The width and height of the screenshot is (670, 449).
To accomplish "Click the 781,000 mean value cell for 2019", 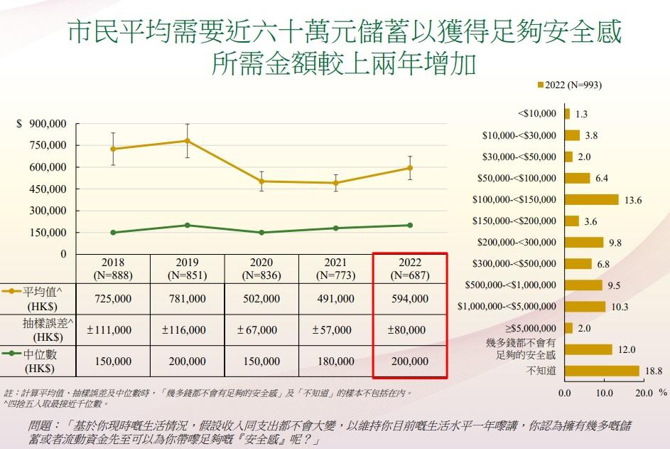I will tap(188, 300).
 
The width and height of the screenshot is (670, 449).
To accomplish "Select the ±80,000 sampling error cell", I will tap(409, 330).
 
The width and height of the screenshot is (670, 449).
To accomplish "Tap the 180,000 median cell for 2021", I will tap(335, 361).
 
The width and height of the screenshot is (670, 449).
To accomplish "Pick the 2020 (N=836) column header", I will tap(261, 269).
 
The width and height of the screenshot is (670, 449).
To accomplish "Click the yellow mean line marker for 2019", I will tap(188, 141).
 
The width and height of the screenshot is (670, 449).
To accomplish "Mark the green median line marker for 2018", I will tap(113, 233).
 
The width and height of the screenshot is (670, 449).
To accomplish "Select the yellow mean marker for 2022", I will tap(410, 168).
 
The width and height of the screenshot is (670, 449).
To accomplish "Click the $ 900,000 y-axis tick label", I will tap(41, 124).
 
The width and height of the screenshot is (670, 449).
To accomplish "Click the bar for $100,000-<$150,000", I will tap(591, 200).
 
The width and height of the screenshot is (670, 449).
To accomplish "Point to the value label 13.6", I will tap(632, 201).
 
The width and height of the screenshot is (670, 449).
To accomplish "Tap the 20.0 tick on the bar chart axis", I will tap(643, 392).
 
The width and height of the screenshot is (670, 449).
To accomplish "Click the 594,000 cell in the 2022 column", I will tap(409, 300).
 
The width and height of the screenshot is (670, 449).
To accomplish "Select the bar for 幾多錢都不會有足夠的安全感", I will tap(588, 349).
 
